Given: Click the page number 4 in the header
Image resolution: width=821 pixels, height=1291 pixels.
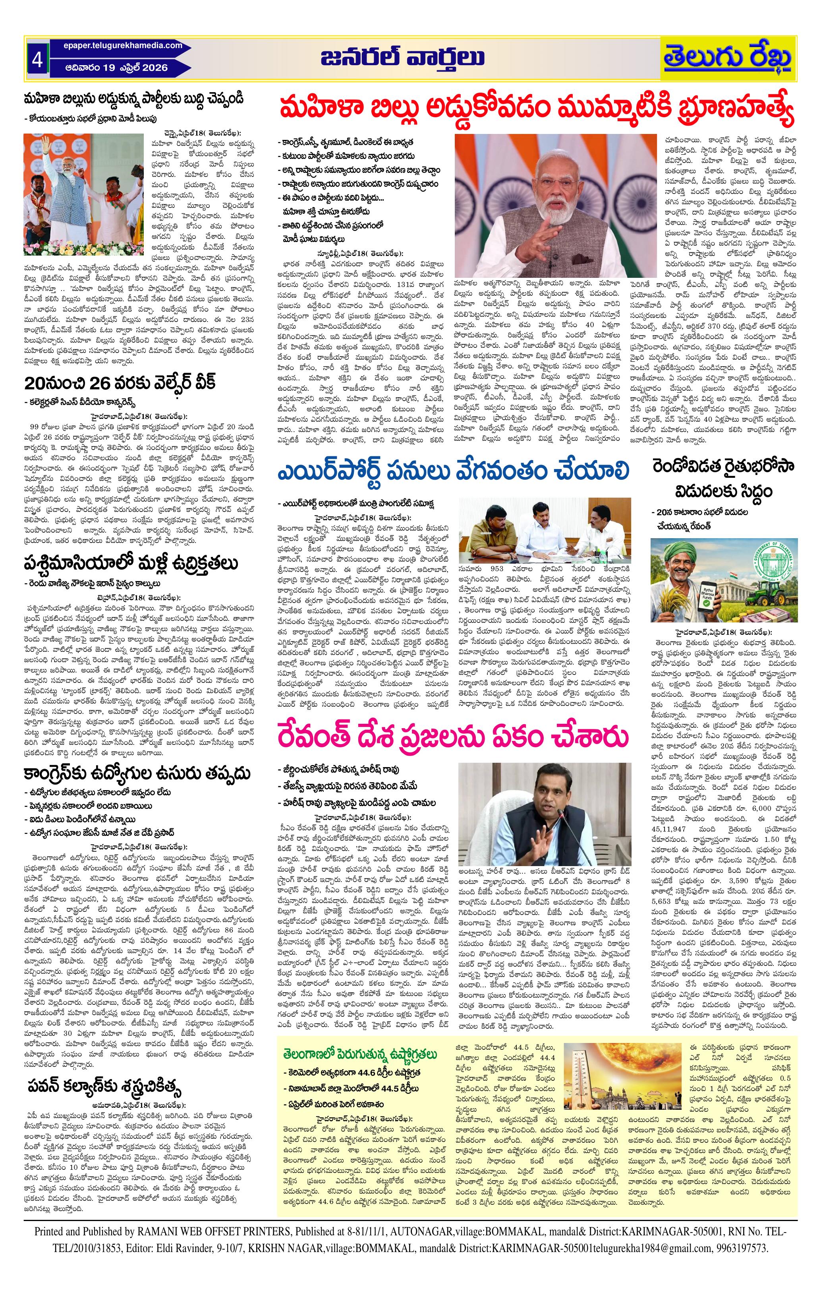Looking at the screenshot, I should (37, 60).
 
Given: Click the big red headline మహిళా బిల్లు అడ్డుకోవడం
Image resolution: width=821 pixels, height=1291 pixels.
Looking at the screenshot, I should (535, 109).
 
